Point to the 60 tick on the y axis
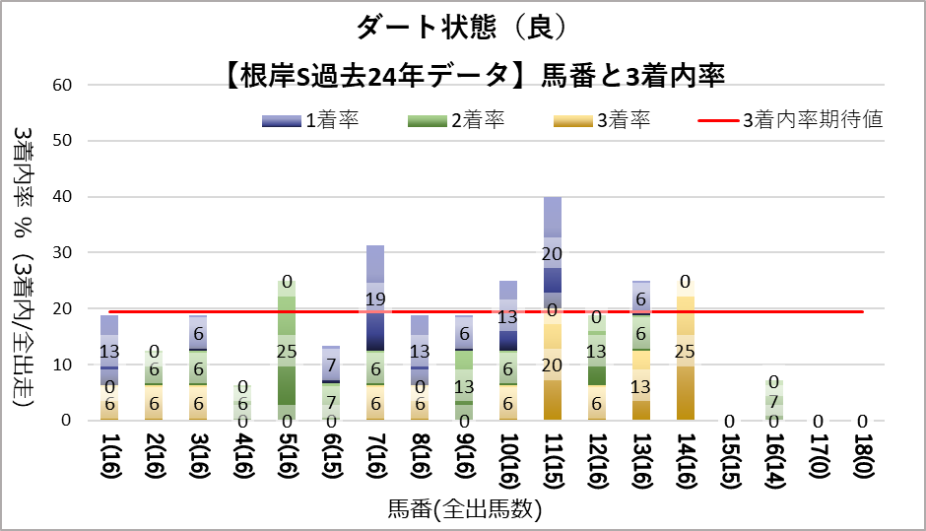click(62, 85)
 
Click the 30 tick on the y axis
click(62, 253)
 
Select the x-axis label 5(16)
click(286, 457)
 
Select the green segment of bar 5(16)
click(286, 350)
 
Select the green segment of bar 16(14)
click(775, 401)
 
